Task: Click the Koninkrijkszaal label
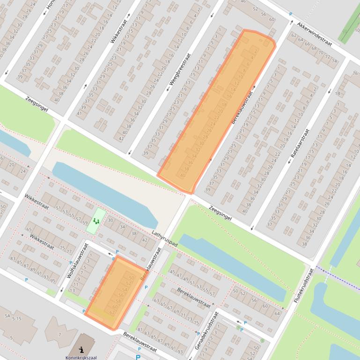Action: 81,358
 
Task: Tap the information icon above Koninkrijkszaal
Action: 81,349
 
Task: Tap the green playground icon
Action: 96,221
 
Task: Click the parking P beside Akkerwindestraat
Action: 290,14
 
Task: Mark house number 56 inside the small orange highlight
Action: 121,295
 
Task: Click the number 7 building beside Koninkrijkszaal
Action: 59,334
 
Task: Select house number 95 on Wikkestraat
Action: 52,281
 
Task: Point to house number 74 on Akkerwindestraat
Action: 334,61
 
